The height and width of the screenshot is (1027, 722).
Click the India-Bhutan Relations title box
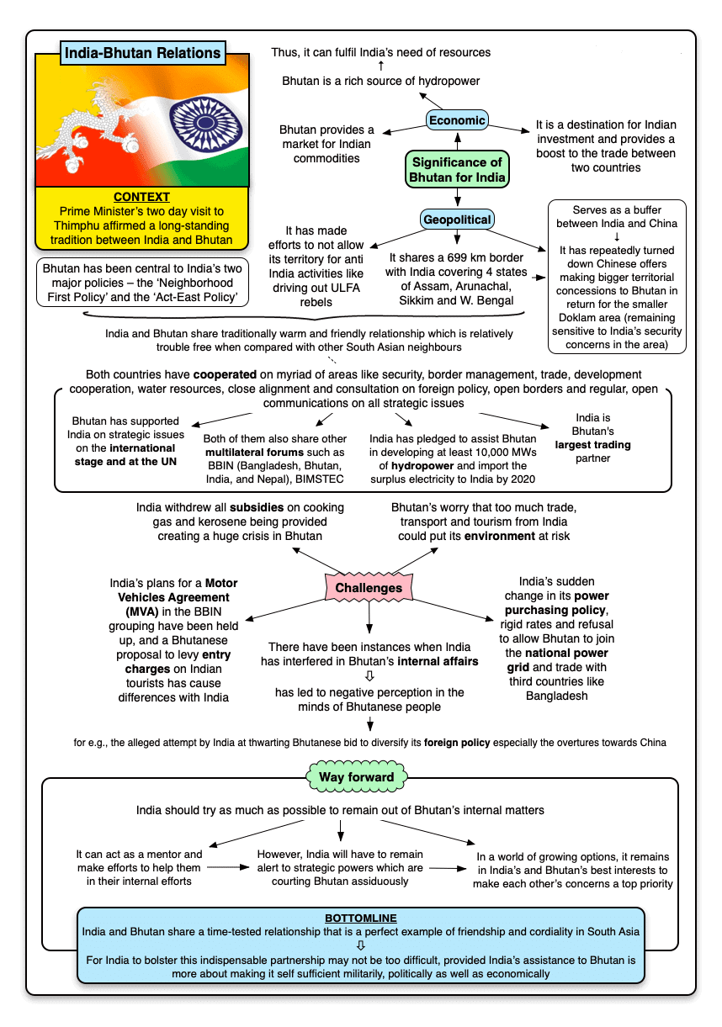(143, 53)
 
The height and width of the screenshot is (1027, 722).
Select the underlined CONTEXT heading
(141, 198)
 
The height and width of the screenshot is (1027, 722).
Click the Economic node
(457, 120)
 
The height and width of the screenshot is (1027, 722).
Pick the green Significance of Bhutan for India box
(457, 170)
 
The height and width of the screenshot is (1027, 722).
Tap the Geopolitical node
(457, 220)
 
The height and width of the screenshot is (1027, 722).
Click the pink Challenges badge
(369, 588)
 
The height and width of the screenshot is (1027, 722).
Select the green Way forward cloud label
(356, 777)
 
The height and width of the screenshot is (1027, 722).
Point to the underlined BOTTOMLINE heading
(360, 918)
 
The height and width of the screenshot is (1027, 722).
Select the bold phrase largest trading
(593, 445)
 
